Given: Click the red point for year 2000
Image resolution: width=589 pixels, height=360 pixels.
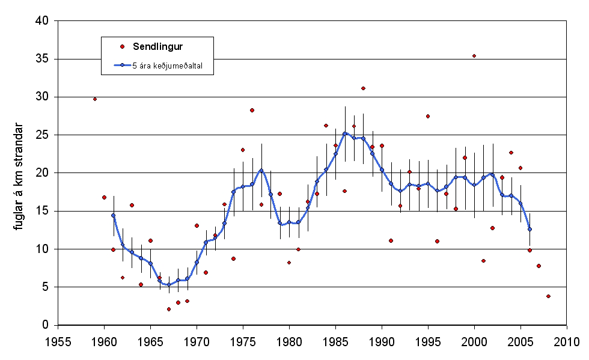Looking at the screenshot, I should click(x=474, y=56).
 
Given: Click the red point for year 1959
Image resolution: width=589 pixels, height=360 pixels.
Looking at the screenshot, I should click(x=95, y=99).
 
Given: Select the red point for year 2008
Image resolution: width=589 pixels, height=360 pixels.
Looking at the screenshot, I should click(x=548, y=296).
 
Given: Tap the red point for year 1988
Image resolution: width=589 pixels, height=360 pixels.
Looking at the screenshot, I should click(x=363, y=88).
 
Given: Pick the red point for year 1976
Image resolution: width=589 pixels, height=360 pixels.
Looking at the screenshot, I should click(x=252, y=110).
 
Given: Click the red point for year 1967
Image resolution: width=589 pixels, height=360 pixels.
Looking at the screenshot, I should click(x=169, y=309).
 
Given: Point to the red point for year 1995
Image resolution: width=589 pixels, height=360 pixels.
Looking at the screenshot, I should click(x=428, y=116).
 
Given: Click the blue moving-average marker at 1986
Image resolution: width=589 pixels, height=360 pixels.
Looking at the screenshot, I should click(x=344, y=133).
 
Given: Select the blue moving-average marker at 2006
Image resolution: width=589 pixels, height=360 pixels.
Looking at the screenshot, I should click(x=529, y=229).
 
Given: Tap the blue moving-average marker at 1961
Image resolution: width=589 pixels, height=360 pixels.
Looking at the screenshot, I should click(x=113, y=215).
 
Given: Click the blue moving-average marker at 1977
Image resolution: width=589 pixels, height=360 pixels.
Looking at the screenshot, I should click(x=261, y=170).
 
